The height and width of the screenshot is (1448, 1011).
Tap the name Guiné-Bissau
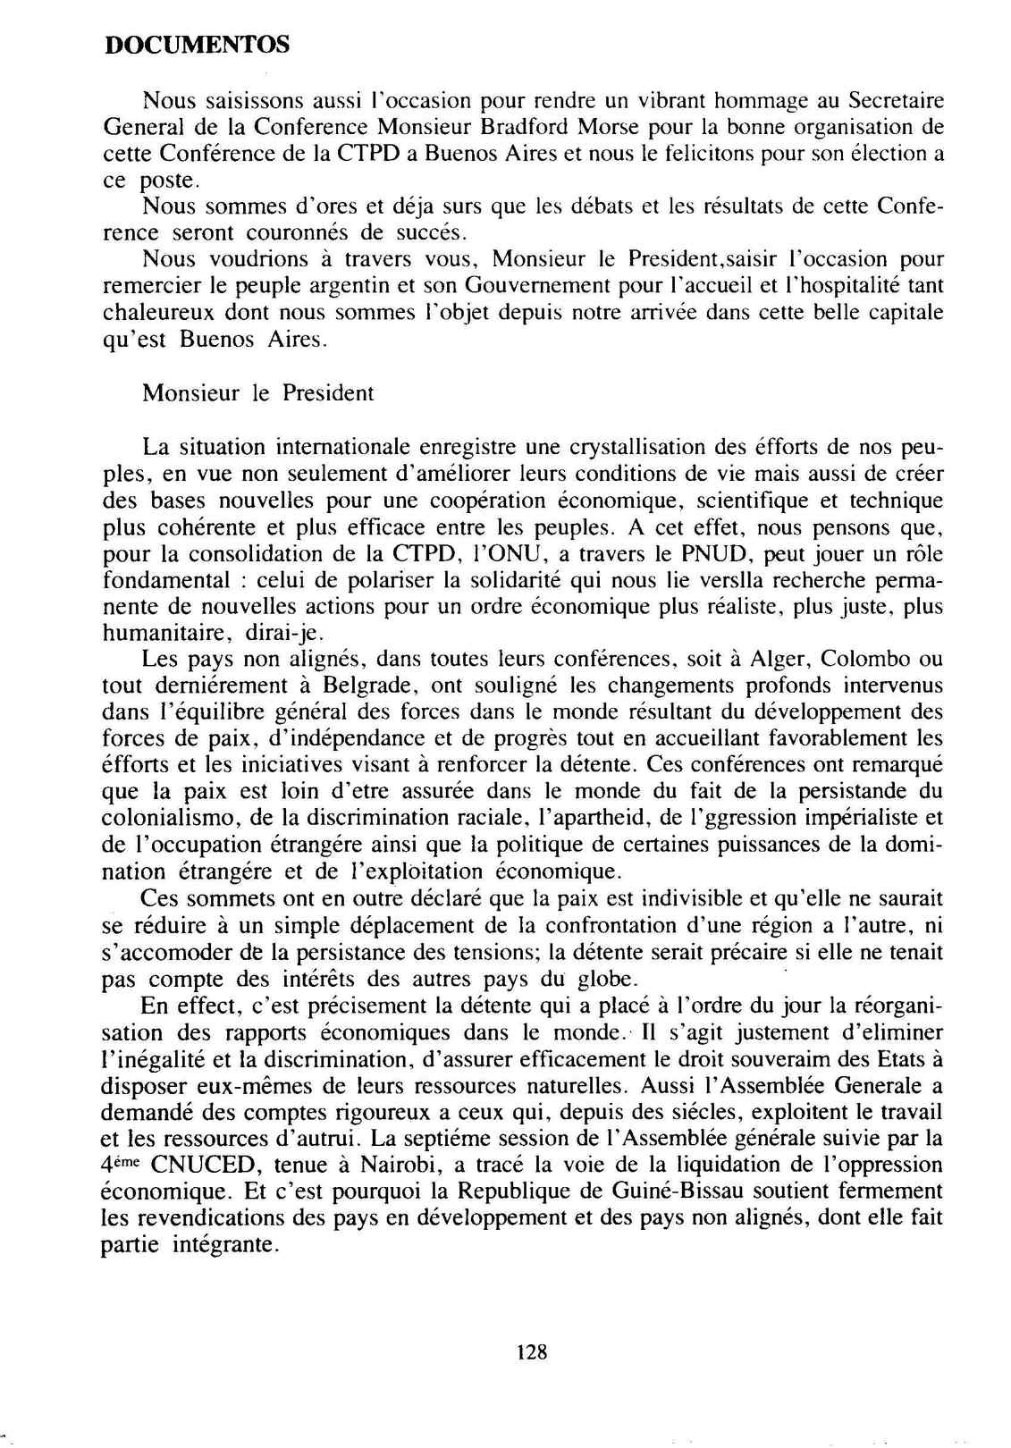[728, 1192]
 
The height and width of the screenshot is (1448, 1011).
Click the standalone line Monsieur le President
[257, 393]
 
